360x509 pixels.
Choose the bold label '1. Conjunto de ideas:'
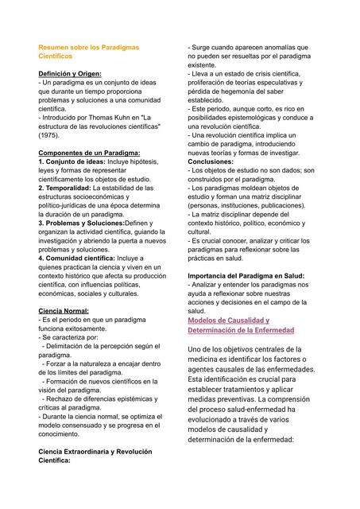pos(72,161)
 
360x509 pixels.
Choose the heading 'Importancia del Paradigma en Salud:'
pos(246,276)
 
